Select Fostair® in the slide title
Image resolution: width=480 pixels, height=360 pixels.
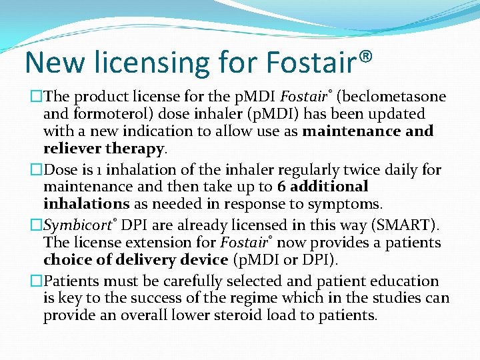(x=319, y=62)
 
